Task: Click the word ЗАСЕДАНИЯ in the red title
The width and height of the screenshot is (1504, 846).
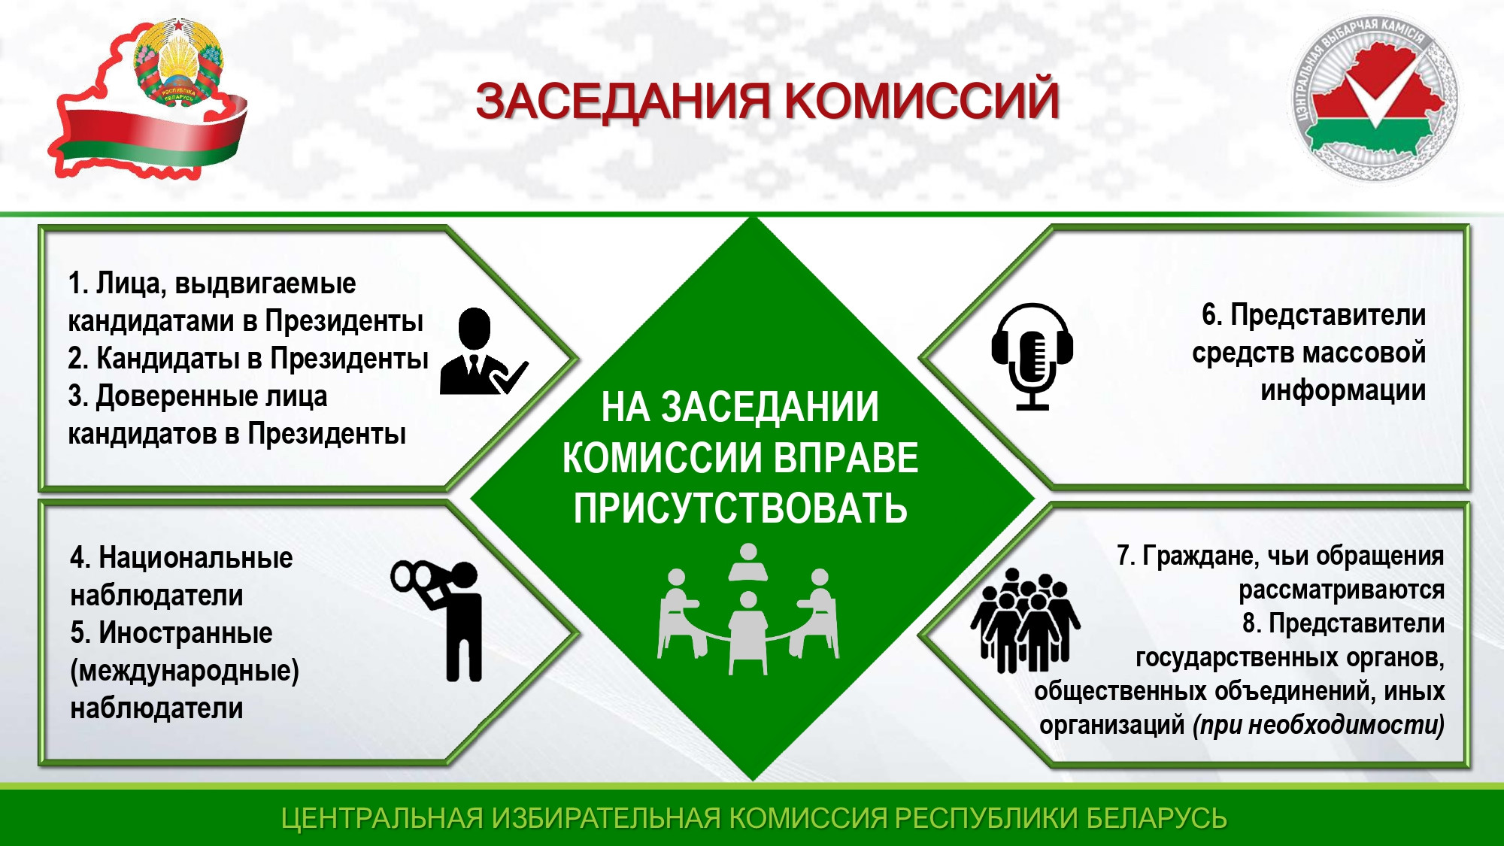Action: (x=623, y=102)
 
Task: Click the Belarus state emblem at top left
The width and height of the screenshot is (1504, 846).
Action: (x=179, y=64)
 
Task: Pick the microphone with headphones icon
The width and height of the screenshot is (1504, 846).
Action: (x=1032, y=356)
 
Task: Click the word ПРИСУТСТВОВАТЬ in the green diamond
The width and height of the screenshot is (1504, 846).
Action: (x=741, y=508)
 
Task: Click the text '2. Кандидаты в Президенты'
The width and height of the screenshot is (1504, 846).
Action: (x=248, y=359)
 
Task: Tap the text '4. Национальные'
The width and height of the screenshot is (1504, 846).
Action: (x=181, y=558)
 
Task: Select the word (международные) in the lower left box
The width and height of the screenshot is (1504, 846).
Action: (x=184, y=671)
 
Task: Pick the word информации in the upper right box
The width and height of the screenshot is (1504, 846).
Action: (x=1343, y=391)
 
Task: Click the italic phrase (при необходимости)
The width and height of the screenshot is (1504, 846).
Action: (x=1318, y=725)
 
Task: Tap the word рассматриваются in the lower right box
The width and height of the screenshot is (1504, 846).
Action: (x=1342, y=590)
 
